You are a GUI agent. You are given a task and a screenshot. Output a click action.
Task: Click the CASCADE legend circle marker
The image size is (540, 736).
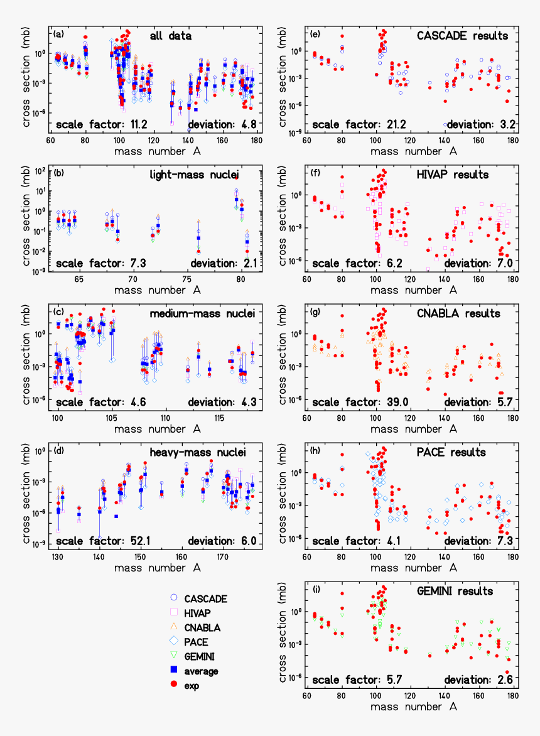coord(175,598)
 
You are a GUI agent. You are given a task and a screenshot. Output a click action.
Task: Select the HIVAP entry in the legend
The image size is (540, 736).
coord(175,613)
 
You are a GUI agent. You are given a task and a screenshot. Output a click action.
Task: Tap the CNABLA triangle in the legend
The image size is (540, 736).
coord(175,627)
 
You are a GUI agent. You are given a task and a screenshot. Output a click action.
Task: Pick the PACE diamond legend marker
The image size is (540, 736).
coord(175,642)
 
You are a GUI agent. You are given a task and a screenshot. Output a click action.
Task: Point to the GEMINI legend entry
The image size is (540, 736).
coord(175,656)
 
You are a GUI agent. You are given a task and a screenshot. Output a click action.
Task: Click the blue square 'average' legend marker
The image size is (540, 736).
coord(175,671)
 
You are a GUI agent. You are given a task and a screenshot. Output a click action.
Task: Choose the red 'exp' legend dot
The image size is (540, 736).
coord(175,685)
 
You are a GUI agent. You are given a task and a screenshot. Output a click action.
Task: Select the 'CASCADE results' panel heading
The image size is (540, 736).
coord(462,36)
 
